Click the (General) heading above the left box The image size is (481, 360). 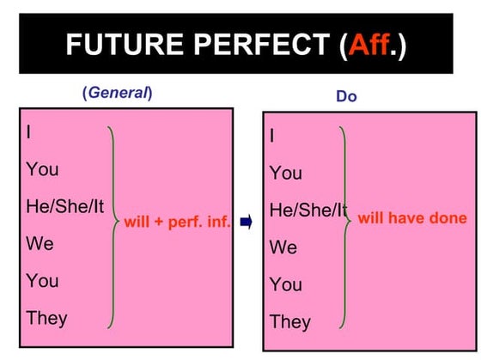click(117, 93)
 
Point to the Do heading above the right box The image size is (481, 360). click(346, 97)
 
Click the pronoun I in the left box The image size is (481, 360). click(29, 132)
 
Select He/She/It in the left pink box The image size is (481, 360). click(65, 206)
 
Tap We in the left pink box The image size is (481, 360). click(40, 243)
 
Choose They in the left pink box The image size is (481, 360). click(46, 318)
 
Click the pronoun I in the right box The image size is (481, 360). click(273, 136)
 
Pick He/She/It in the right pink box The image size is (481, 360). click(308, 211)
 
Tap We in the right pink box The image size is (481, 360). click(283, 247)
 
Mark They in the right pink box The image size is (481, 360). click(290, 322)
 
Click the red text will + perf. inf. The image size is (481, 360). click(178, 223)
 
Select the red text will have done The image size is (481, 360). click(412, 218)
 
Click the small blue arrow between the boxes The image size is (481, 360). click(246, 223)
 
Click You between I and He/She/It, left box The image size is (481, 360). click(42, 169)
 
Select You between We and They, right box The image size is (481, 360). click(286, 284)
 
